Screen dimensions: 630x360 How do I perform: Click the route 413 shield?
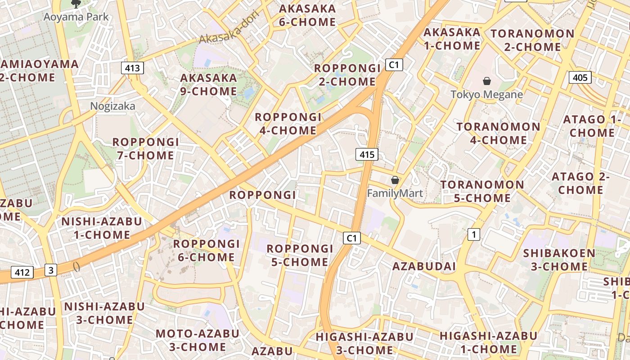132,68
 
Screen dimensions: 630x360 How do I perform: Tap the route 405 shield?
580,77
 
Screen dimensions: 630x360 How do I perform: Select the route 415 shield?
367,155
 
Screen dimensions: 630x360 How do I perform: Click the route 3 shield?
51,270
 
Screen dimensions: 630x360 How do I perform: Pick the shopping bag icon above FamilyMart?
395,180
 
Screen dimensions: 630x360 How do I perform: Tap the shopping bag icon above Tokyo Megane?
486,81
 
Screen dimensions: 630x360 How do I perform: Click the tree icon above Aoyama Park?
76,4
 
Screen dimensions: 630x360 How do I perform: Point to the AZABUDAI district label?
424,266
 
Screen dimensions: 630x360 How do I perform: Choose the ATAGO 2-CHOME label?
580,183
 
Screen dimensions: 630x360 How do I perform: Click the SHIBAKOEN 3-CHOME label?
559,260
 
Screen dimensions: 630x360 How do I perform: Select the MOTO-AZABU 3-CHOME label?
198,340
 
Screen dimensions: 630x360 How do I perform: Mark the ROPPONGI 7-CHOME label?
145,149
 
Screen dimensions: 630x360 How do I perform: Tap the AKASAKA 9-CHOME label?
208,85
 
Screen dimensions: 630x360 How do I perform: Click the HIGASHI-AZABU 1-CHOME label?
488,342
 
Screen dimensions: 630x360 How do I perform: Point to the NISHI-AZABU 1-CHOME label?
102,228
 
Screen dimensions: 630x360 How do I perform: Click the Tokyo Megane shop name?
486,94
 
